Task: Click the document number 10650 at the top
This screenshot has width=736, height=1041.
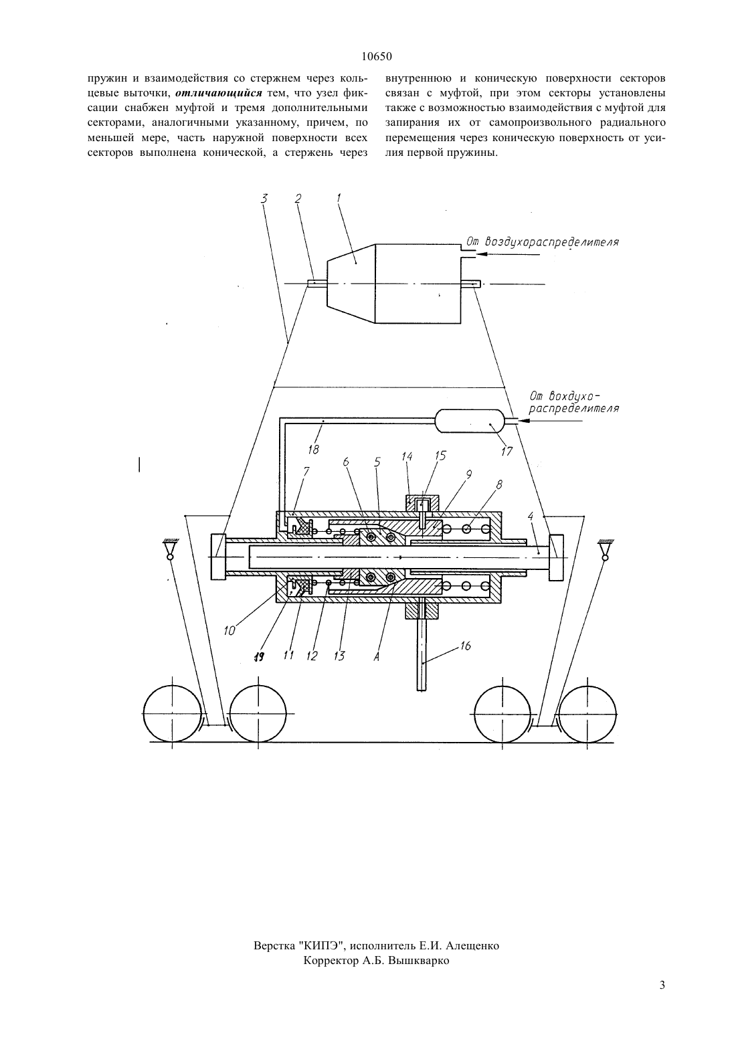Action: click(377, 57)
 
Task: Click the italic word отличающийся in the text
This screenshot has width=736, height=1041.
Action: click(219, 93)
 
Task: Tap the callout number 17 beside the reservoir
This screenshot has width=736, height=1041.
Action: click(507, 451)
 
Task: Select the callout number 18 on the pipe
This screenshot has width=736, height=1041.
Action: click(314, 450)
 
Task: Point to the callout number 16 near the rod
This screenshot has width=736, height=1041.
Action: click(466, 646)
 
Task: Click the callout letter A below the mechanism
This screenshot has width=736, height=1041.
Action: click(376, 657)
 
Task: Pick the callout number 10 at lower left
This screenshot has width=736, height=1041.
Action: click(229, 631)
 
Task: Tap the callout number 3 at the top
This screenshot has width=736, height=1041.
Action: click(264, 199)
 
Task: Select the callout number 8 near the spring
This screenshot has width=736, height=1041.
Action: click(499, 485)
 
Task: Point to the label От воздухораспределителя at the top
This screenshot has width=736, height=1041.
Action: click(543, 242)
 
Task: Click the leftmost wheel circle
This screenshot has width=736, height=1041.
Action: click(173, 713)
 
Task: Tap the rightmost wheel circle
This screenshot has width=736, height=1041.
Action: click(587, 713)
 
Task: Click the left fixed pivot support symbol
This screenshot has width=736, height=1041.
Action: click(169, 551)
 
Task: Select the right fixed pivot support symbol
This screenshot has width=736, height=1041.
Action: click(604, 551)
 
